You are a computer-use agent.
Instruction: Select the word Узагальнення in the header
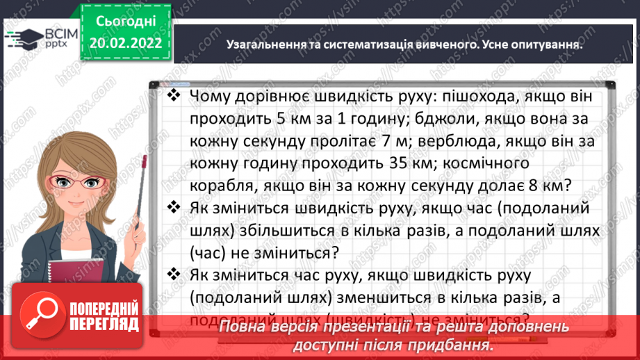click(265, 44)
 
